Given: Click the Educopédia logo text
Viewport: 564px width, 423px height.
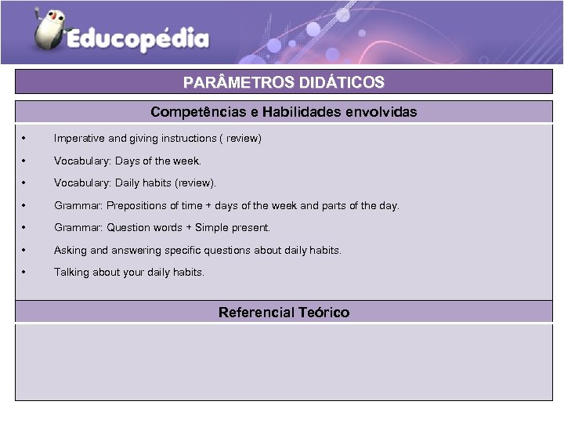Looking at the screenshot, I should (138, 39).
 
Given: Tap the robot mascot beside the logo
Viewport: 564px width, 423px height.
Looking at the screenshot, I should (49, 29).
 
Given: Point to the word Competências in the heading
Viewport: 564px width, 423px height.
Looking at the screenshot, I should (198, 112).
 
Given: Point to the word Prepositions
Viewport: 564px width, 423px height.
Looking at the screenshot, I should (136, 206).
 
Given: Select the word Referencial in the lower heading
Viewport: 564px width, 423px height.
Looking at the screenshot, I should (256, 313).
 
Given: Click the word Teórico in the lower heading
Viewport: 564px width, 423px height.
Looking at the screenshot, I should (324, 313).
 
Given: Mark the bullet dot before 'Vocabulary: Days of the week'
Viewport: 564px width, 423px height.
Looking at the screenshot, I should (25, 161).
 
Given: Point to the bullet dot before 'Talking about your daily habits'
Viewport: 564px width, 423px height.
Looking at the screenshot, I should (25, 273).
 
